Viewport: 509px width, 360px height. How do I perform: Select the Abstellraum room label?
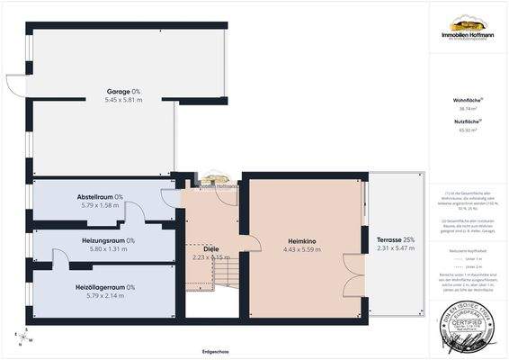(100, 196)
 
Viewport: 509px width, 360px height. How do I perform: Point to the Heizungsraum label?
(103, 240)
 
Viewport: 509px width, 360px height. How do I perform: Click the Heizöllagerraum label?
(104, 286)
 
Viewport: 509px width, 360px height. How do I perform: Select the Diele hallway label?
(212, 247)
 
